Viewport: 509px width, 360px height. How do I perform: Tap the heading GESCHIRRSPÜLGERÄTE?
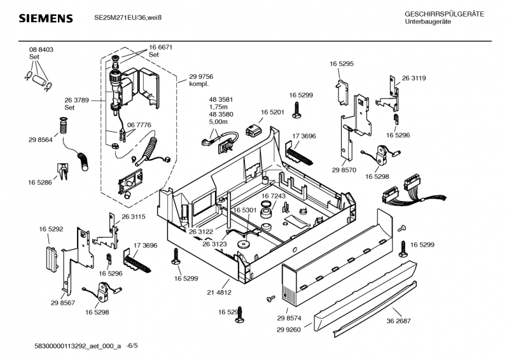[x=444, y=14]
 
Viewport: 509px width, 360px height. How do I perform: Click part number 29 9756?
[x=201, y=76]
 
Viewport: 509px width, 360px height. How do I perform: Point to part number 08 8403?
[x=41, y=50]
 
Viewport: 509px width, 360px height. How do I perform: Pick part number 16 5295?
[x=342, y=64]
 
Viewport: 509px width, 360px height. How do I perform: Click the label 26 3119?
[x=414, y=78]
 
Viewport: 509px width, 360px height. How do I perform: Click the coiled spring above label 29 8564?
[x=63, y=126]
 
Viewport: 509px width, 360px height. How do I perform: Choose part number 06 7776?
[x=139, y=125]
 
